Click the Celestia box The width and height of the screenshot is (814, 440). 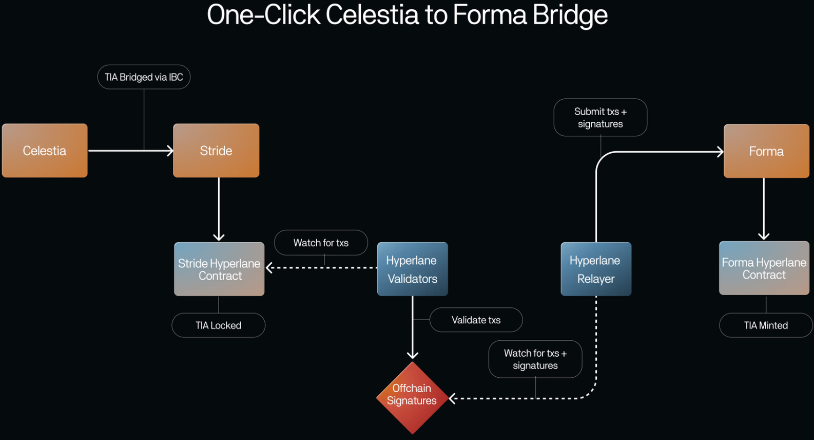pyautogui.click(x=45, y=151)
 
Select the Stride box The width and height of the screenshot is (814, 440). pyautogui.click(x=216, y=151)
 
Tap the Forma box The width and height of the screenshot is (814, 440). pyautogui.click(x=766, y=151)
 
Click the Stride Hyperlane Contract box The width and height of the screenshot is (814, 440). pyautogui.click(x=219, y=269)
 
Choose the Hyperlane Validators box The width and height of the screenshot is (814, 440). pyautogui.click(x=413, y=269)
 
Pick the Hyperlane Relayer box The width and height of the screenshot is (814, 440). pyautogui.click(x=596, y=269)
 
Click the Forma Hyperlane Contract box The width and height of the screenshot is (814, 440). pyautogui.click(x=764, y=268)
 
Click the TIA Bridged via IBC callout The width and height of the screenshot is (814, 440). pyautogui.click(x=144, y=77)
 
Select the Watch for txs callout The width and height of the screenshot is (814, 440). pyautogui.click(x=321, y=243)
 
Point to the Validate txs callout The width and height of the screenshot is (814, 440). pyautogui.click(x=476, y=320)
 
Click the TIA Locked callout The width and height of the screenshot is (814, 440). pyautogui.click(x=218, y=325)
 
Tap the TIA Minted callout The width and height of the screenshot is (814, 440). pyautogui.click(x=766, y=325)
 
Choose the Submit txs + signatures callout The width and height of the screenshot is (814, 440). pyautogui.click(x=600, y=118)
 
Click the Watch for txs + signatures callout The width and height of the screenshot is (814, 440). pyautogui.click(x=535, y=359)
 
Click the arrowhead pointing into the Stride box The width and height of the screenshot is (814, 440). pyautogui.click(x=170, y=151)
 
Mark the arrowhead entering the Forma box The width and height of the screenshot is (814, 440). pyautogui.click(x=721, y=152)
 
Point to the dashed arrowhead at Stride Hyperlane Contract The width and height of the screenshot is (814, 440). pyautogui.click(x=269, y=267)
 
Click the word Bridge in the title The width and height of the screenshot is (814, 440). pyautogui.click(x=570, y=14)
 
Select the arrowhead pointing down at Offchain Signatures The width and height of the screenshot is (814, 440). pyautogui.click(x=413, y=355)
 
